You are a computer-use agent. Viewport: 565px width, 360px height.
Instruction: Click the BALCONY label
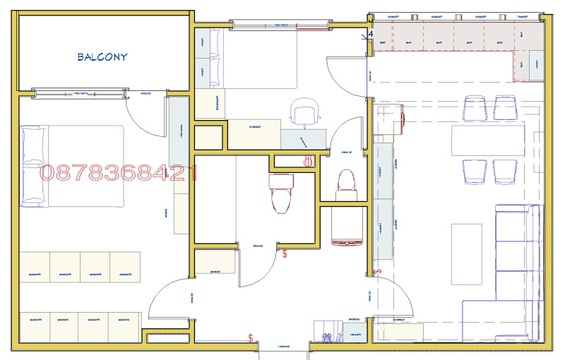102,57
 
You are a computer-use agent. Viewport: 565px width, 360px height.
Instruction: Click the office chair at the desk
304,113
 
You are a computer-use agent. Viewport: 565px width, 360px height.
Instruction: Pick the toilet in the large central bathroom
280,193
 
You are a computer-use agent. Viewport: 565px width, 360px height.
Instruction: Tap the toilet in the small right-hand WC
346,182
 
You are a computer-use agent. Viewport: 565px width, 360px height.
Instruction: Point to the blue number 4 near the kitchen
369,33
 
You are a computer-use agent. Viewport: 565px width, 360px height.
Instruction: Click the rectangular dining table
489,138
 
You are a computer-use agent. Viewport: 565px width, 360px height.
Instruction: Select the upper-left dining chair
474,108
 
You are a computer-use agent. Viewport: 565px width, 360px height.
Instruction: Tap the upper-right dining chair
506,108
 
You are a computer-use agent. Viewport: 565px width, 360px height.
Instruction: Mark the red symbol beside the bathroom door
285,253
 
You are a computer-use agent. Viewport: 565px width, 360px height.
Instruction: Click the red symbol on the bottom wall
251,338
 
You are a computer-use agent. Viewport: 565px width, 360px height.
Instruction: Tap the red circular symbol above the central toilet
308,162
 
